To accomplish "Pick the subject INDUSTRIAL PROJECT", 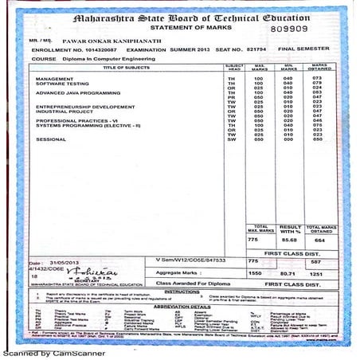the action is tap(66, 111).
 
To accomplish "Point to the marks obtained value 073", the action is tap(316, 78).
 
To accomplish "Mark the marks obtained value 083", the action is tap(316, 92).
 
